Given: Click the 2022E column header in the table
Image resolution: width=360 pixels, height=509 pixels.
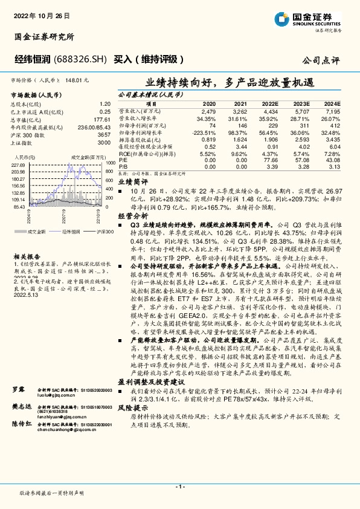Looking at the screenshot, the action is (x=271, y=105).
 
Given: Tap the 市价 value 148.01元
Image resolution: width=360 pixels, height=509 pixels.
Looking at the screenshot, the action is (x=78, y=80).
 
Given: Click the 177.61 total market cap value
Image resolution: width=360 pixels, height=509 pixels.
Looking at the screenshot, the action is (x=102, y=120).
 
